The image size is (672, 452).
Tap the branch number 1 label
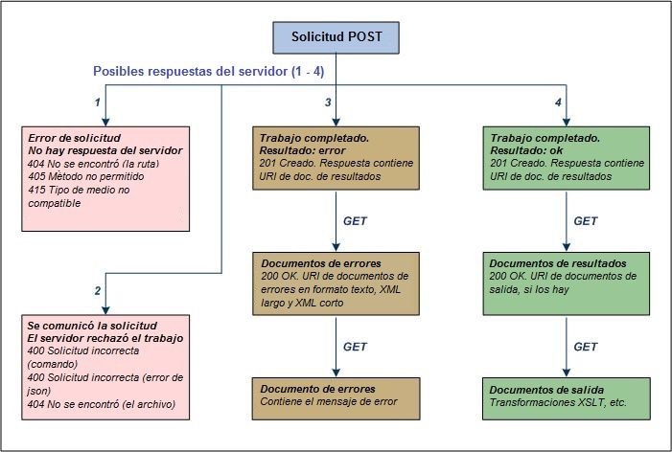[96, 102]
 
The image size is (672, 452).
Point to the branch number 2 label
[96, 290]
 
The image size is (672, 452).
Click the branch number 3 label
[328, 102]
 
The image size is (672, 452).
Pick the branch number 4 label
[558, 102]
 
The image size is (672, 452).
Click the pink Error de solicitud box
[104, 178]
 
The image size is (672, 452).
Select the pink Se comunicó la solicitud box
[104, 370]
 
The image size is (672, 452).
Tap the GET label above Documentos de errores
[356, 221]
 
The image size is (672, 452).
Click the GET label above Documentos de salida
[586, 346]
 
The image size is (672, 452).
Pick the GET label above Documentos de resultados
[586, 221]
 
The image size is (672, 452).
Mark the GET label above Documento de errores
[356, 346]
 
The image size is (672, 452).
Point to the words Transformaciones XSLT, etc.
[557, 402]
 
